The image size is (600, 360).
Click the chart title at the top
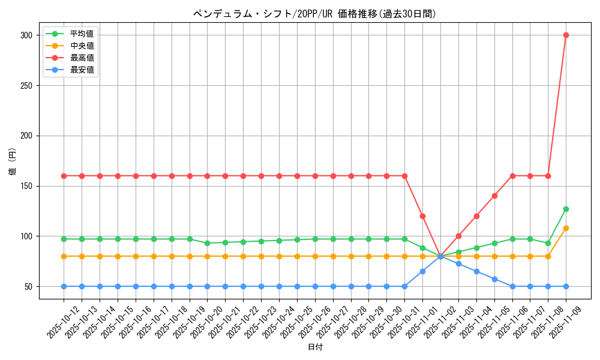(x=314, y=14)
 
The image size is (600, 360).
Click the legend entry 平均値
(x=82, y=34)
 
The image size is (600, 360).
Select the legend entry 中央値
(x=82, y=46)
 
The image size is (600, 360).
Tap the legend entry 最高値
(x=82, y=58)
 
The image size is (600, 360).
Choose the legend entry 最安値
(x=82, y=70)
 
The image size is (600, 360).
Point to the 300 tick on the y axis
(x=26, y=35)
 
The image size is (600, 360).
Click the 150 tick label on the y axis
(x=26, y=186)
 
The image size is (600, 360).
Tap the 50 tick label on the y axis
(x=28, y=286)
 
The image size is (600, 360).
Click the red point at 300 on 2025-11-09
(x=566, y=35)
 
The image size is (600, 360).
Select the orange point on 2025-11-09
(x=566, y=228)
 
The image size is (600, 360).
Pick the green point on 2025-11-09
(x=566, y=209)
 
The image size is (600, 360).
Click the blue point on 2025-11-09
(x=566, y=286)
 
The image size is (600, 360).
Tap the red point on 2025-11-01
(x=422, y=216)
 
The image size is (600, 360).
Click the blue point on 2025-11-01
(x=422, y=271)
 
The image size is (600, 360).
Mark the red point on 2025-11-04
(x=476, y=216)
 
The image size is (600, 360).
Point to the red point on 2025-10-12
(x=64, y=176)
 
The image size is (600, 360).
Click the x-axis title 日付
(x=314, y=347)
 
